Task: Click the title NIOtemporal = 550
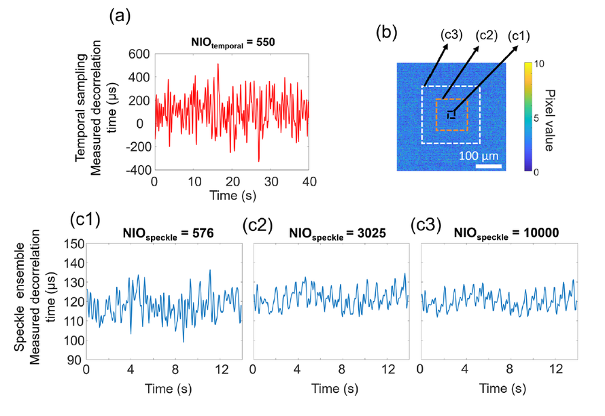(x=231, y=45)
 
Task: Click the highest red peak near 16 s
(x=218, y=65)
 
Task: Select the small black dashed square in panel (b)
(x=451, y=114)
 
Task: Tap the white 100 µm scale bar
(x=488, y=166)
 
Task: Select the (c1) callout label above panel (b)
(x=521, y=35)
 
